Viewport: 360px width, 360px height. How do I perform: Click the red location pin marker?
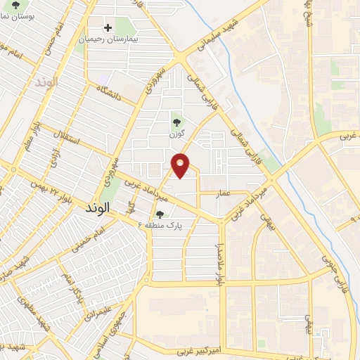coord(181,165)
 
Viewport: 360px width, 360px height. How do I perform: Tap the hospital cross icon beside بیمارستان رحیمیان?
coord(108,28)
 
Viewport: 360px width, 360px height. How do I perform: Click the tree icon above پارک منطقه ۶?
coord(160,215)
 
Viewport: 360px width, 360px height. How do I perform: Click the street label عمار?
coord(223,191)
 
